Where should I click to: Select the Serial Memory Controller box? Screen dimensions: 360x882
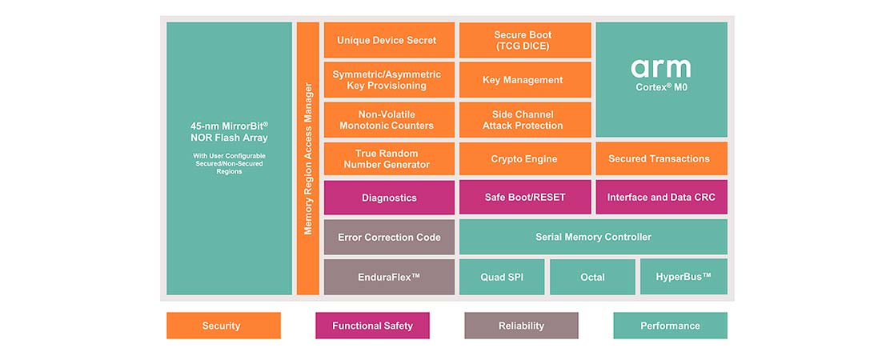[593, 237]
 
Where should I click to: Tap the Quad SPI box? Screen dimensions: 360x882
[502, 277]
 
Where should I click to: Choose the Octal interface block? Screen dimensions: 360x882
[592, 277]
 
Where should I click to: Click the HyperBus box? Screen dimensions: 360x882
[684, 277]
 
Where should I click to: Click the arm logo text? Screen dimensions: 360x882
[661, 67]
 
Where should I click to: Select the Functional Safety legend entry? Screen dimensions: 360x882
[373, 326]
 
